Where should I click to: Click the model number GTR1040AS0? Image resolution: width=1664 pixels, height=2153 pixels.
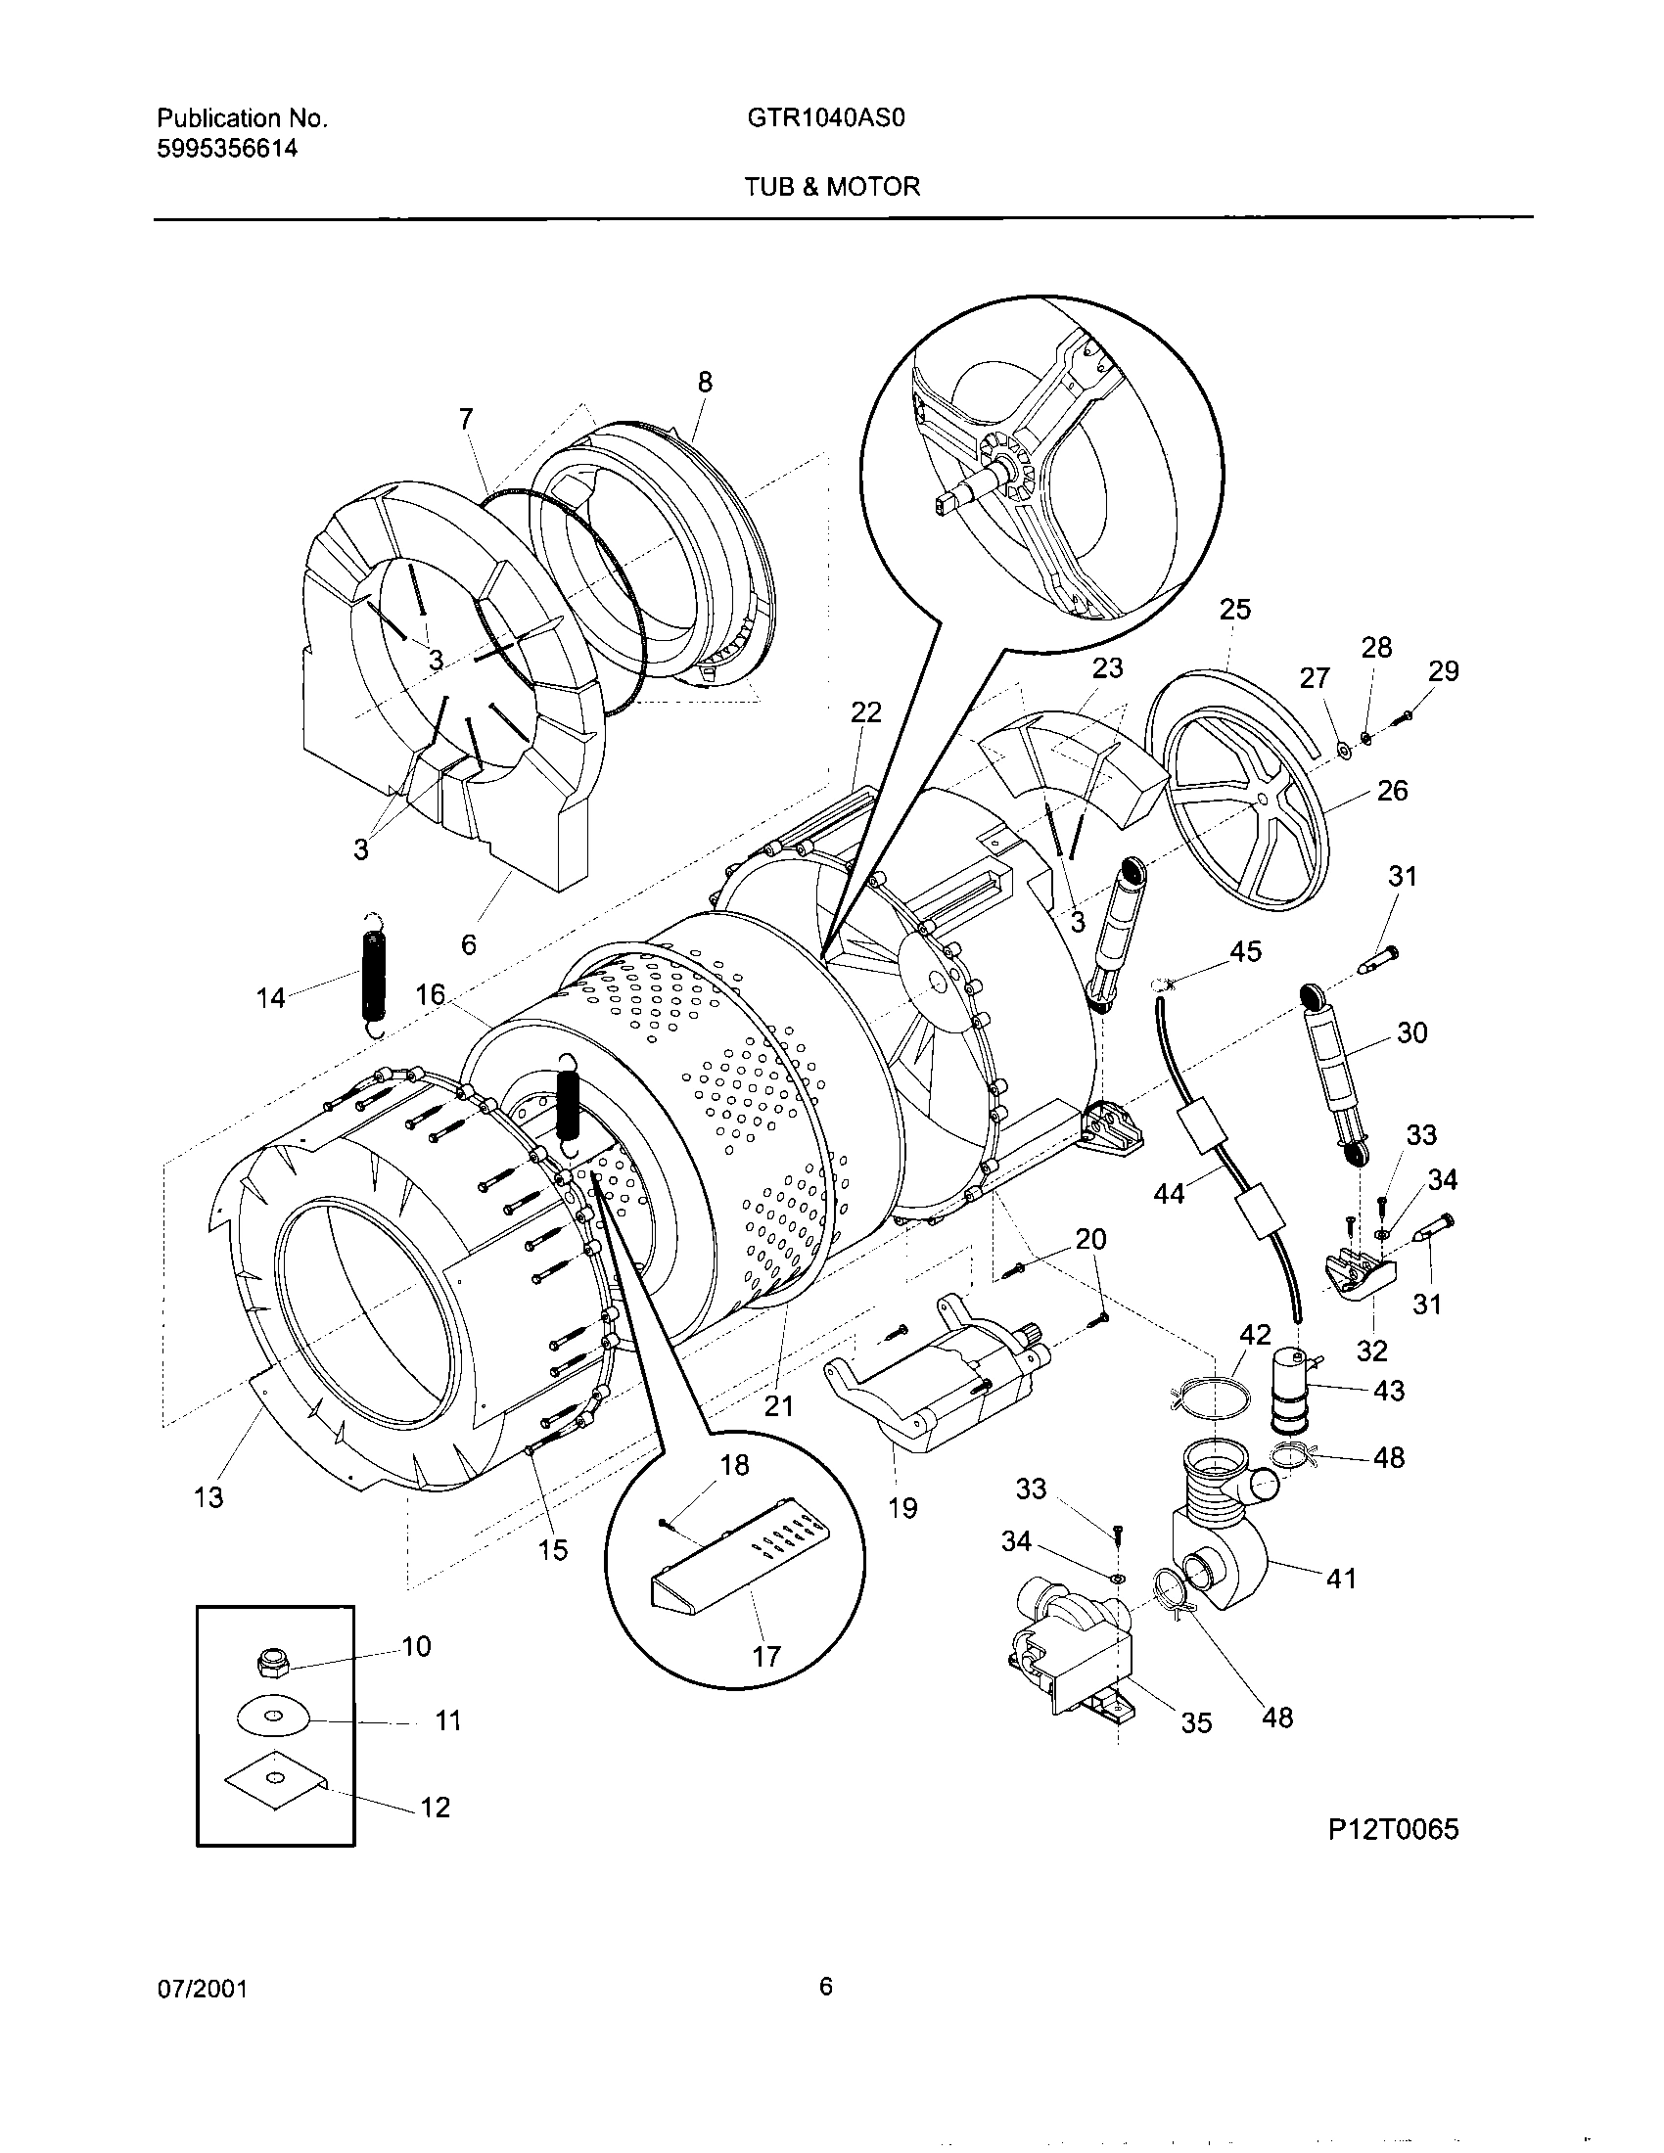pos(826,118)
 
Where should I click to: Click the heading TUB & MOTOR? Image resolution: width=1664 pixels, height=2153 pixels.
pos(832,186)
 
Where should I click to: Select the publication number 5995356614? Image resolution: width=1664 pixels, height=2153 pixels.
pos(227,149)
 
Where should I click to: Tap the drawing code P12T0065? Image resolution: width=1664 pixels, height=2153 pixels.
pos(1392,1830)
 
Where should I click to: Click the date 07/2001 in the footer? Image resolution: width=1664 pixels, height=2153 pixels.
pos(201,1989)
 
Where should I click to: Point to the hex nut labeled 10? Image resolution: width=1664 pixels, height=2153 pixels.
pos(270,1663)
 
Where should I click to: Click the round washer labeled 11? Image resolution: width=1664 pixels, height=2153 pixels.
pos(272,1718)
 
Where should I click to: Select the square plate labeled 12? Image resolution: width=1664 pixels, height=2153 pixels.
pos(274,1778)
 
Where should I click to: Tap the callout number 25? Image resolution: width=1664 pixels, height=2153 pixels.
pos(1234,610)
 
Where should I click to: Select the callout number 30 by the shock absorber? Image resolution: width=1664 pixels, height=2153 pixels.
pos(1411,1033)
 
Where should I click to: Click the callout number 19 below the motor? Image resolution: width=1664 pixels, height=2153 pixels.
pos(902,1507)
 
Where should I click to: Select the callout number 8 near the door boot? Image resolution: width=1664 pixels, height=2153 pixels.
pos(705,383)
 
